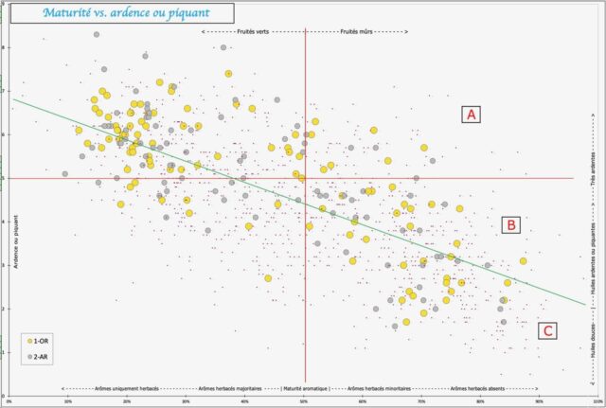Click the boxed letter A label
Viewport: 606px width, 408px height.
[472, 115]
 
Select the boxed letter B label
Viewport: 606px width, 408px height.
[511, 224]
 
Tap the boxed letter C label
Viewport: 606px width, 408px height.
[547, 330]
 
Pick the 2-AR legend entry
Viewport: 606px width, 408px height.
[40, 355]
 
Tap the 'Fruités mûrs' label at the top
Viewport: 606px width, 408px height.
[356, 31]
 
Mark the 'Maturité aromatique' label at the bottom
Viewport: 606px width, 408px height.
[305, 388]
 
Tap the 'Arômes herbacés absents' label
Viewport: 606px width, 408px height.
[484, 388]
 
